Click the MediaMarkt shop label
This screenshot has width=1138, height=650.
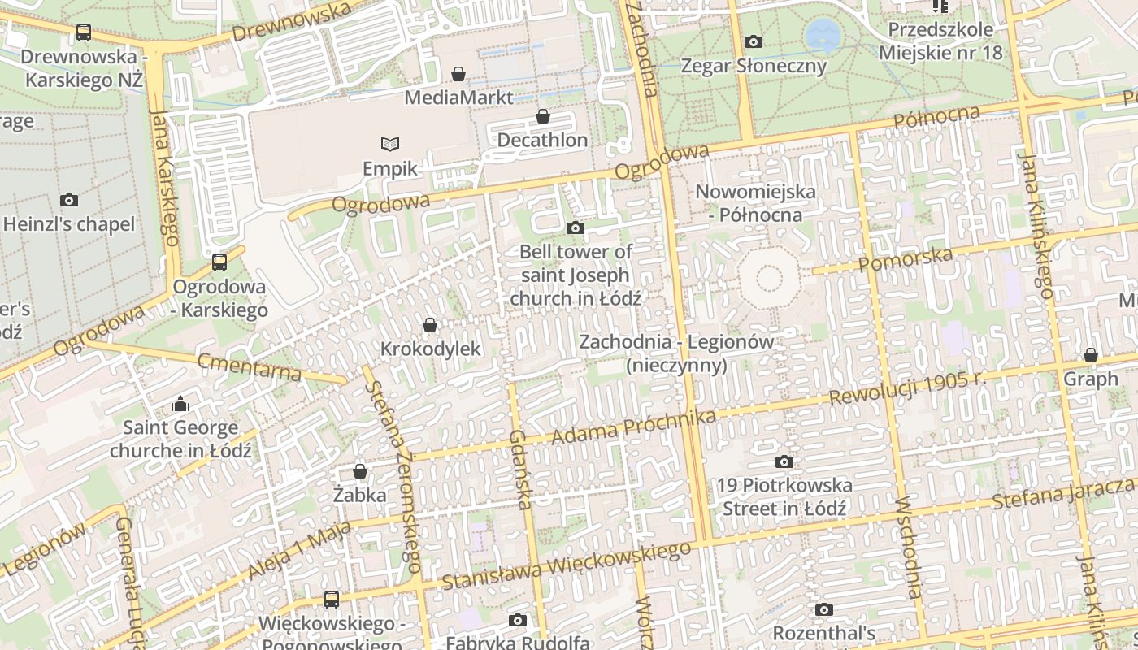(x=458, y=97)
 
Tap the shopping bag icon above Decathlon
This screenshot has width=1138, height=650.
(x=542, y=118)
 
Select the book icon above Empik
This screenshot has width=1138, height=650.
(x=390, y=145)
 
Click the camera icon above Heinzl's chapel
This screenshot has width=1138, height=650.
(x=69, y=200)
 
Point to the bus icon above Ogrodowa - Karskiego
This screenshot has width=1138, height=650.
(x=219, y=262)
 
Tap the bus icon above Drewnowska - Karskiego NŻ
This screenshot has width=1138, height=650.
(x=83, y=32)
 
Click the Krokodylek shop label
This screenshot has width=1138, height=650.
(x=431, y=349)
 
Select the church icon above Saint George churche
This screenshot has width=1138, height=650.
(x=180, y=404)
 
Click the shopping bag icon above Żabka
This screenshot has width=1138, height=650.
(x=360, y=471)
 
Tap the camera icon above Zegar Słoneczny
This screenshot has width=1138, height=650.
(x=753, y=41)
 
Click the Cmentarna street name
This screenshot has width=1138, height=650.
(x=250, y=367)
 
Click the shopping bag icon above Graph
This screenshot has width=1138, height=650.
(x=1090, y=356)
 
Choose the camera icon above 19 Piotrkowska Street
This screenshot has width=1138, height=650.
(x=784, y=462)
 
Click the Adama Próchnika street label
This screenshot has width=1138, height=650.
(x=633, y=427)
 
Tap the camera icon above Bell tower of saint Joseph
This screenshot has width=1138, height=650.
(x=576, y=228)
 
